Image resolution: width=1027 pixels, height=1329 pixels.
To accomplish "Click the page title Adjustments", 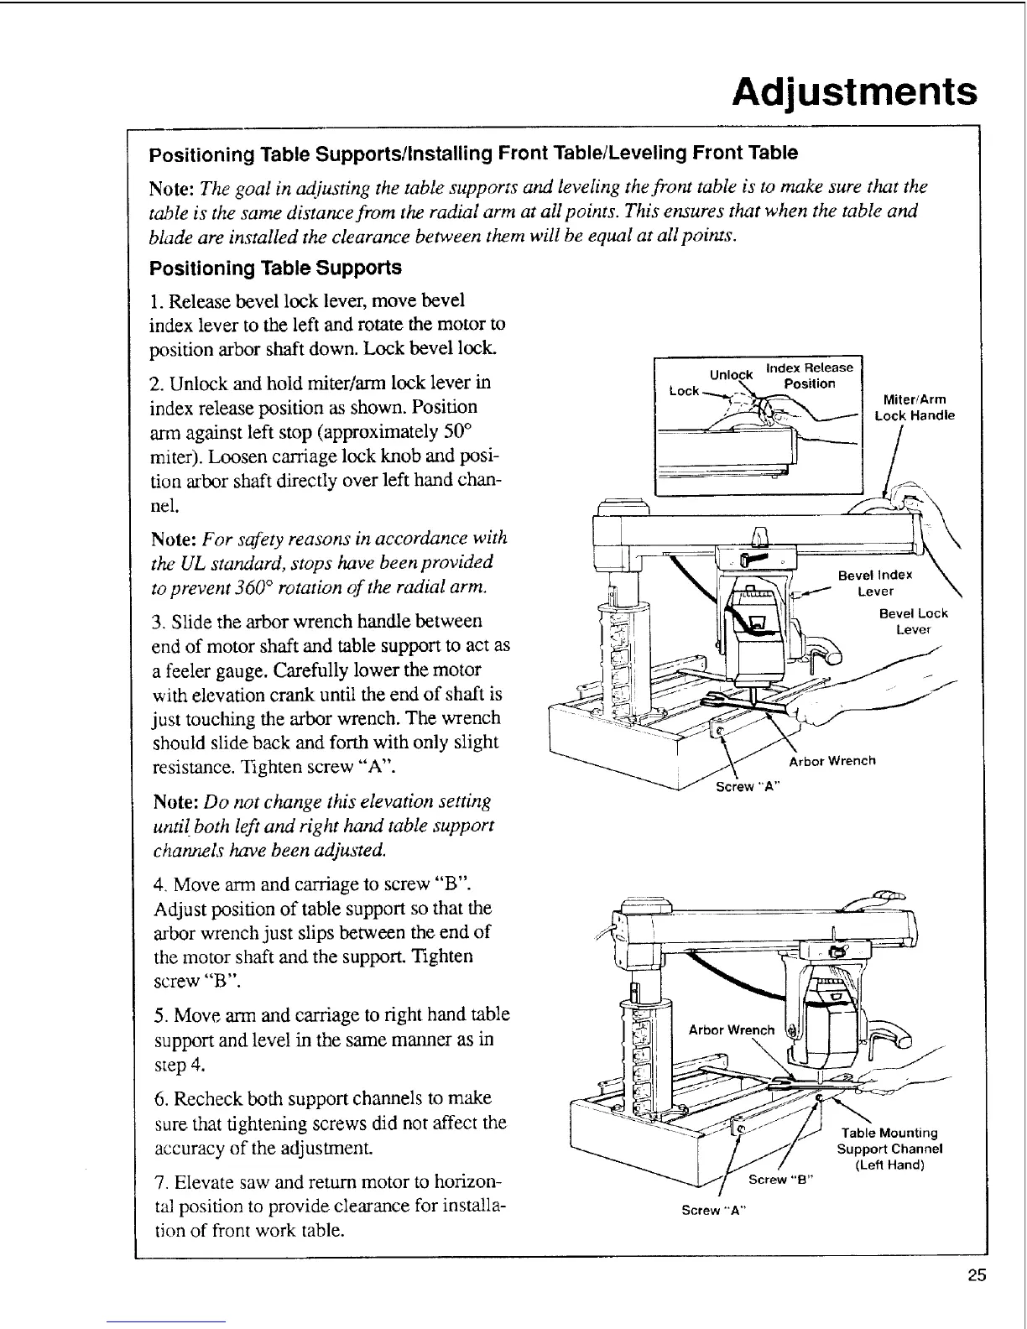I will (x=854, y=91).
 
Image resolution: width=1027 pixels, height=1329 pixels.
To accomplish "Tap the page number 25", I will (x=977, y=1276).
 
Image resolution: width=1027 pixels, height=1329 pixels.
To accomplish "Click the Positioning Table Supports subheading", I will (x=275, y=268).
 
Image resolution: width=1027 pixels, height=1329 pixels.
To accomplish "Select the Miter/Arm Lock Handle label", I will (x=915, y=408).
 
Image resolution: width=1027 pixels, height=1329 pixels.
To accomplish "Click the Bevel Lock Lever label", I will (x=913, y=621).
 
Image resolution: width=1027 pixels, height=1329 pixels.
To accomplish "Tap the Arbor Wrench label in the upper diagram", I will (x=832, y=761).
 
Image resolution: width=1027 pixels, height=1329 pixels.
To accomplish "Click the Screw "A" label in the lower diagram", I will (x=713, y=1210).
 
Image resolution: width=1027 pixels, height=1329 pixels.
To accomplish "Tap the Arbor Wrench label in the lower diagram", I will (x=731, y=1029).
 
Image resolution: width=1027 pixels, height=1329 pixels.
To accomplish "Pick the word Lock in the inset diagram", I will (x=684, y=391).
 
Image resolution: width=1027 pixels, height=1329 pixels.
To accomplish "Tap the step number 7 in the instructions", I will (x=159, y=1183).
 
